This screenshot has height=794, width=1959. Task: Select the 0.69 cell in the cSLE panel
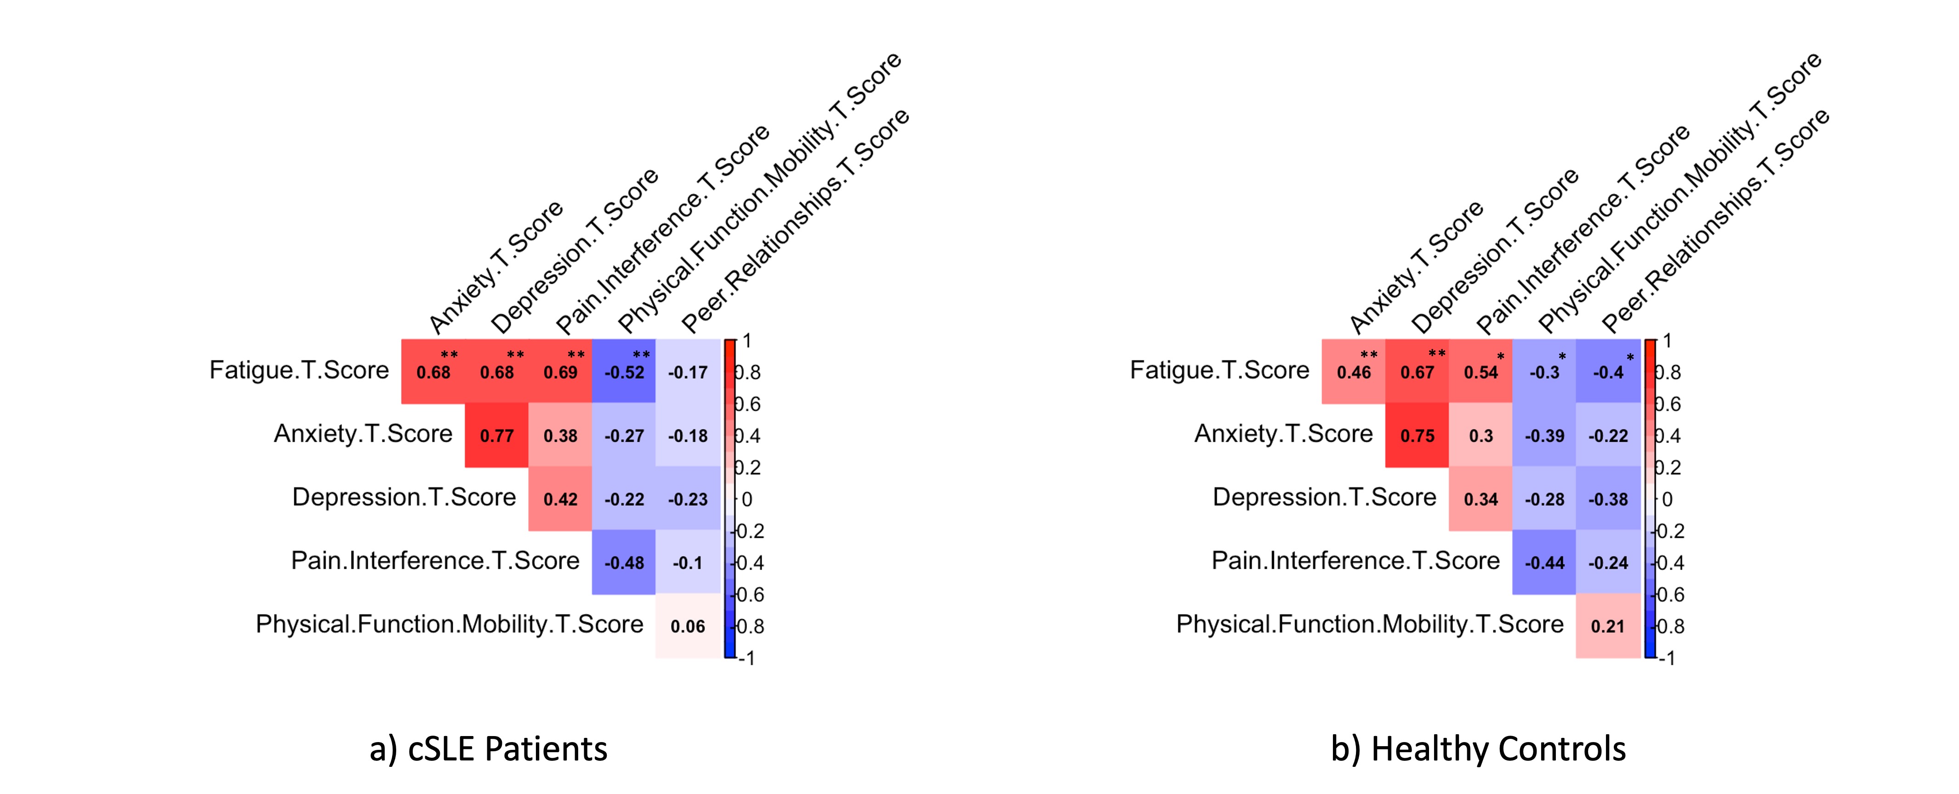(560, 372)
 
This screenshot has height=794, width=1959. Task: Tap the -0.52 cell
(624, 372)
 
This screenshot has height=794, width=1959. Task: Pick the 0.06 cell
(688, 626)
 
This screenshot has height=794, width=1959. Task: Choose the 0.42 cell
(560, 499)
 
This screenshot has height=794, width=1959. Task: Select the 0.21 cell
(1608, 626)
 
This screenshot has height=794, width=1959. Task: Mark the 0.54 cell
(1481, 372)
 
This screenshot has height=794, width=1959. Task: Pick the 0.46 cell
(1354, 372)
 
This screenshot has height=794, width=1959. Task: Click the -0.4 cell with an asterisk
(1608, 372)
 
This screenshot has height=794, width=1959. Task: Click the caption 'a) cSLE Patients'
(488, 749)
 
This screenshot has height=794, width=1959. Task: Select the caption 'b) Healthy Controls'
(1478, 749)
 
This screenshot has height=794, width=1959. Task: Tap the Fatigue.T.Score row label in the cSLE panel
(299, 371)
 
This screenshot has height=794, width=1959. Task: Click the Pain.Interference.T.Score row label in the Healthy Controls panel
(1355, 560)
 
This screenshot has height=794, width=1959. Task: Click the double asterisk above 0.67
(1436, 354)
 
